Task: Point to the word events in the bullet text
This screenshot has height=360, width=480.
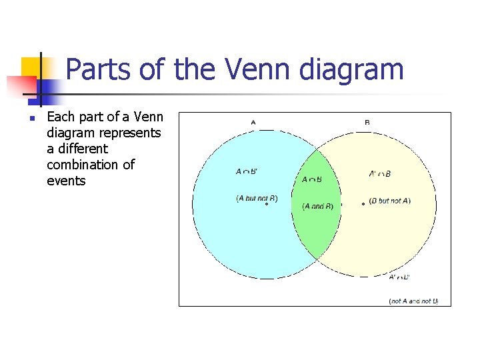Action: [x=66, y=181]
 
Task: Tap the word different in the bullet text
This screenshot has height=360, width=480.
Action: [x=77, y=149]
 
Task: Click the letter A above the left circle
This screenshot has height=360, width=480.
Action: [x=253, y=122]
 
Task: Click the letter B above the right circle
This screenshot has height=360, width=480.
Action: [x=367, y=122]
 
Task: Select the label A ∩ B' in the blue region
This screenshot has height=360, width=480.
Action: [x=247, y=172]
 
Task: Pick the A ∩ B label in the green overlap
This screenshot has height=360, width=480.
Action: [x=312, y=179]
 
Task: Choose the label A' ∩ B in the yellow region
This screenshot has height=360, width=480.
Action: [x=380, y=174]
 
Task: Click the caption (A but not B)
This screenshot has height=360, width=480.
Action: [x=257, y=198]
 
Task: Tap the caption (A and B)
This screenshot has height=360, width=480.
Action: [x=317, y=206]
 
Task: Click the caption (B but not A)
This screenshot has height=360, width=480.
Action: [x=390, y=201]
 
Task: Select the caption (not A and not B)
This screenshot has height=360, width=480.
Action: [x=413, y=301]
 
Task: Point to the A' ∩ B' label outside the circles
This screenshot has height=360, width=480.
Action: [x=399, y=277]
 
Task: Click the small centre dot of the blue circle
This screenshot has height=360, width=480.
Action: [x=266, y=204]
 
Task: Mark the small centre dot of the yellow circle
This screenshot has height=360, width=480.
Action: [x=363, y=203]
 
